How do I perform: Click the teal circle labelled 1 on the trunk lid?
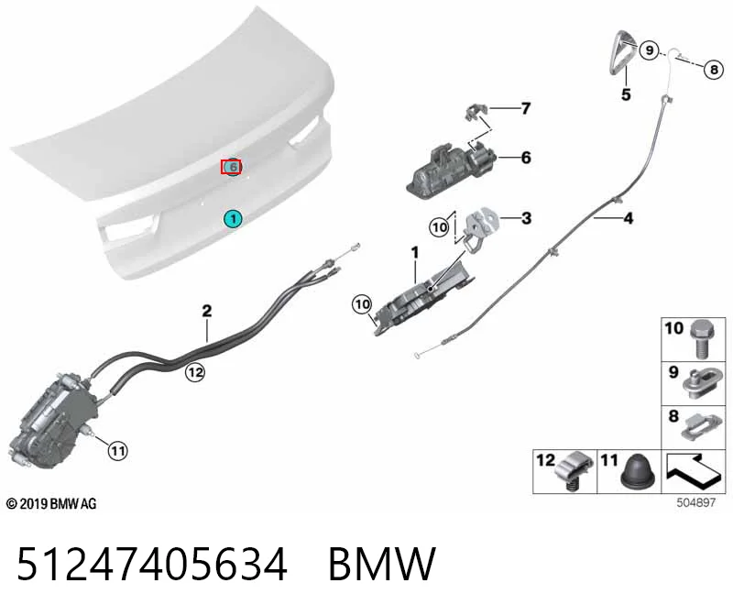click(x=233, y=218)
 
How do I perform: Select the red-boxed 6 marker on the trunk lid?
click(x=231, y=167)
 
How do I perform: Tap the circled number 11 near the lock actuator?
click(x=118, y=451)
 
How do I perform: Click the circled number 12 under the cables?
click(x=195, y=372)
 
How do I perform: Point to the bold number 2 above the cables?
click(x=207, y=311)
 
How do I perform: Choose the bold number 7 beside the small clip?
click(x=526, y=108)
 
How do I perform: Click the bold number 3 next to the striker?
click(x=526, y=218)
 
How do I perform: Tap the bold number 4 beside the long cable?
click(x=629, y=218)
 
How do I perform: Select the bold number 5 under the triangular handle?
click(x=626, y=94)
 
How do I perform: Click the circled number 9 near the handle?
click(x=649, y=49)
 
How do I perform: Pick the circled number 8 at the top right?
click(x=714, y=70)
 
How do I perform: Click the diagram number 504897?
click(x=695, y=502)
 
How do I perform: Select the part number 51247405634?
click(x=152, y=564)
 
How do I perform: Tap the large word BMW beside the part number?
click(x=382, y=564)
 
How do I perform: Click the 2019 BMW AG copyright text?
click(x=51, y=504)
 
